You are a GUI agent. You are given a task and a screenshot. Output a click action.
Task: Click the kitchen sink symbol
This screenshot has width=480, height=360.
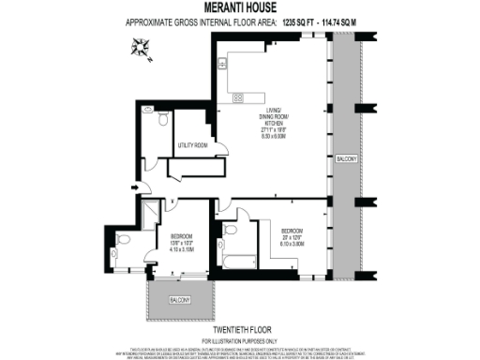[222, 64]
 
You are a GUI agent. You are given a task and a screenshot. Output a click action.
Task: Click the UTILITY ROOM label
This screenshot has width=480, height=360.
[191, 146]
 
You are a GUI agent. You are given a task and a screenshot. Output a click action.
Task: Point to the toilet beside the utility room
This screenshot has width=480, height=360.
[163, 120]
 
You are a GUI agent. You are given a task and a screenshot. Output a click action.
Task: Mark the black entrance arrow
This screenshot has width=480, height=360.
[135, 187]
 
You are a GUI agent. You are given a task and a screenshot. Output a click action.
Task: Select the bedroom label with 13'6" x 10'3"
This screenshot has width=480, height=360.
[182, 243]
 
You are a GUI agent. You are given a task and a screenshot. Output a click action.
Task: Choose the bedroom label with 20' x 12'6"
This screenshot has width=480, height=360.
[292, 235]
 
